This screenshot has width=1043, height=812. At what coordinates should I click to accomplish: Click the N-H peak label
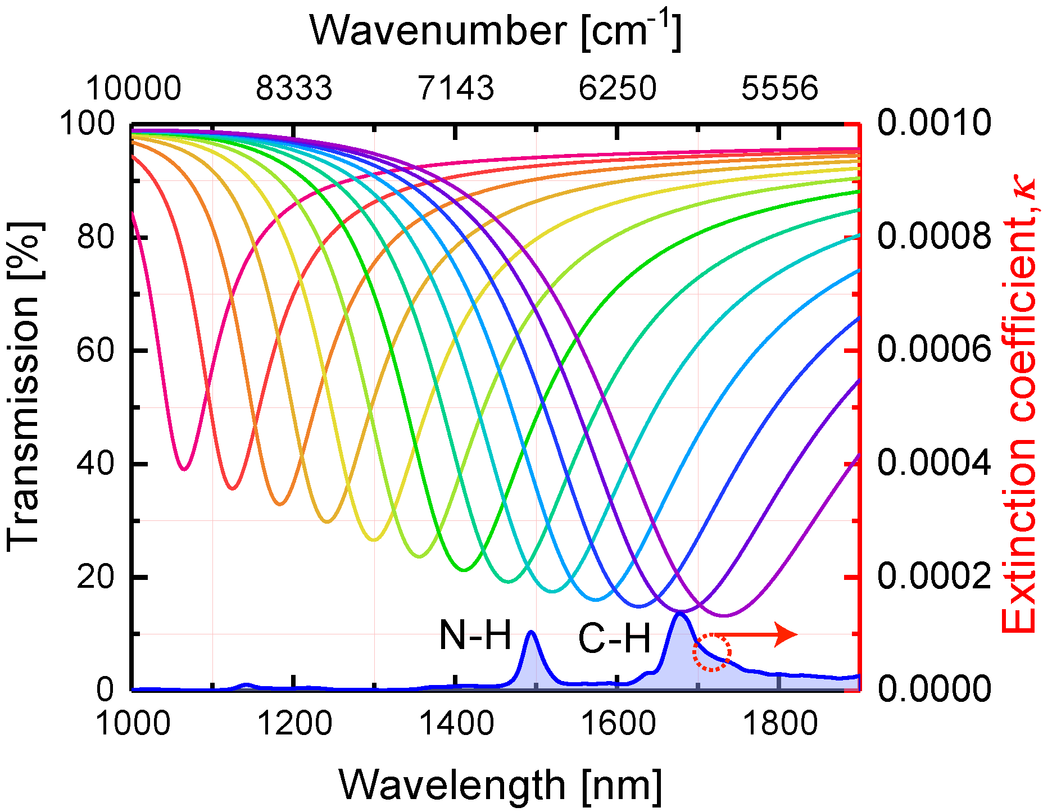(x=475, y=636)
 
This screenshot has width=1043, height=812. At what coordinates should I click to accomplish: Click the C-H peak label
(x=614, y=639)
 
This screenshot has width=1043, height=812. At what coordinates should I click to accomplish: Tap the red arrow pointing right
(x=756, y=634)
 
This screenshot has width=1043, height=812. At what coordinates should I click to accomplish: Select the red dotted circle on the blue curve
(x=711, y=652)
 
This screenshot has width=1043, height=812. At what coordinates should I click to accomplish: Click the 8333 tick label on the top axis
(x=294, y=88)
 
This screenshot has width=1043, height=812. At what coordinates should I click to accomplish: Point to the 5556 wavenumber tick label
(x=779, y=88)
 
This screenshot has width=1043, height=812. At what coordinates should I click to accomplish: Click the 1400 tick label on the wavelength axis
(x=456, y=723)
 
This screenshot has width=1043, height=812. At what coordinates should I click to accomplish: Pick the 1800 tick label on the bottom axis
(x=779, y=723)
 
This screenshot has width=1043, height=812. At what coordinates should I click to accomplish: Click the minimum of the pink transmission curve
(x=184, y=469)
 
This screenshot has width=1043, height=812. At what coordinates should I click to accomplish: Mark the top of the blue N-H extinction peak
(x=530, y=632)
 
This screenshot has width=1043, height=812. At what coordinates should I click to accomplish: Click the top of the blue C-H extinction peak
(x=680, y=614)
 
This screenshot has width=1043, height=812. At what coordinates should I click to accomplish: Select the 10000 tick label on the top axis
(x=133, y=88)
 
